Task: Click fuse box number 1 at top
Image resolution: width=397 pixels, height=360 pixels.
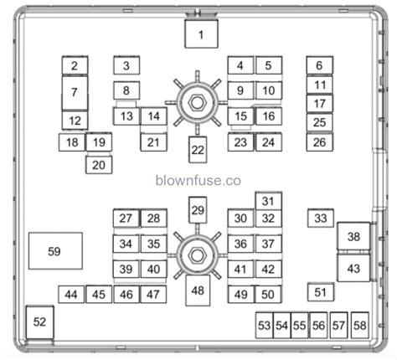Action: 200,35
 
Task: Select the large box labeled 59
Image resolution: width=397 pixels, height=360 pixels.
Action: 55,251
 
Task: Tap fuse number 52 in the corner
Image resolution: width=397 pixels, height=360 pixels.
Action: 40,322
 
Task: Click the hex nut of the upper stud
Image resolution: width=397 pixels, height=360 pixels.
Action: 197,102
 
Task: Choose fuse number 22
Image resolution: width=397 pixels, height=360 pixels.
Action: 197,151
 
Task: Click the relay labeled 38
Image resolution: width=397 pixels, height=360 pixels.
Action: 353,238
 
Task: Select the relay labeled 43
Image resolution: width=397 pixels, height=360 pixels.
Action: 353,269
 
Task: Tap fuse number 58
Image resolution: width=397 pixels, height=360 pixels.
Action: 359,325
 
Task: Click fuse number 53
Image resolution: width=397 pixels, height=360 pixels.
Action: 265,325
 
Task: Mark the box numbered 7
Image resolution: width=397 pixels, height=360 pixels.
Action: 75,92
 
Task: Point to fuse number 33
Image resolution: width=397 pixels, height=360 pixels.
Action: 320,219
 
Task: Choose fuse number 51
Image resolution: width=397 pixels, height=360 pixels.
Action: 320,291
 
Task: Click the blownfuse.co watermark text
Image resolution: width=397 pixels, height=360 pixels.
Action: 198,179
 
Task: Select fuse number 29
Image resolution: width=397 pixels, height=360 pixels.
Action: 198,209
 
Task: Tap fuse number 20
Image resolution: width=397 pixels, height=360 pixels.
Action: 100,165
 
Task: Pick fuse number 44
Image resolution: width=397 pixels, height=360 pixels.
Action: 71,294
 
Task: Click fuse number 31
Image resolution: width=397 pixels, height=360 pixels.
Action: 268,201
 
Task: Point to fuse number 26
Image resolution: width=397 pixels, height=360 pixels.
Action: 319,142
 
